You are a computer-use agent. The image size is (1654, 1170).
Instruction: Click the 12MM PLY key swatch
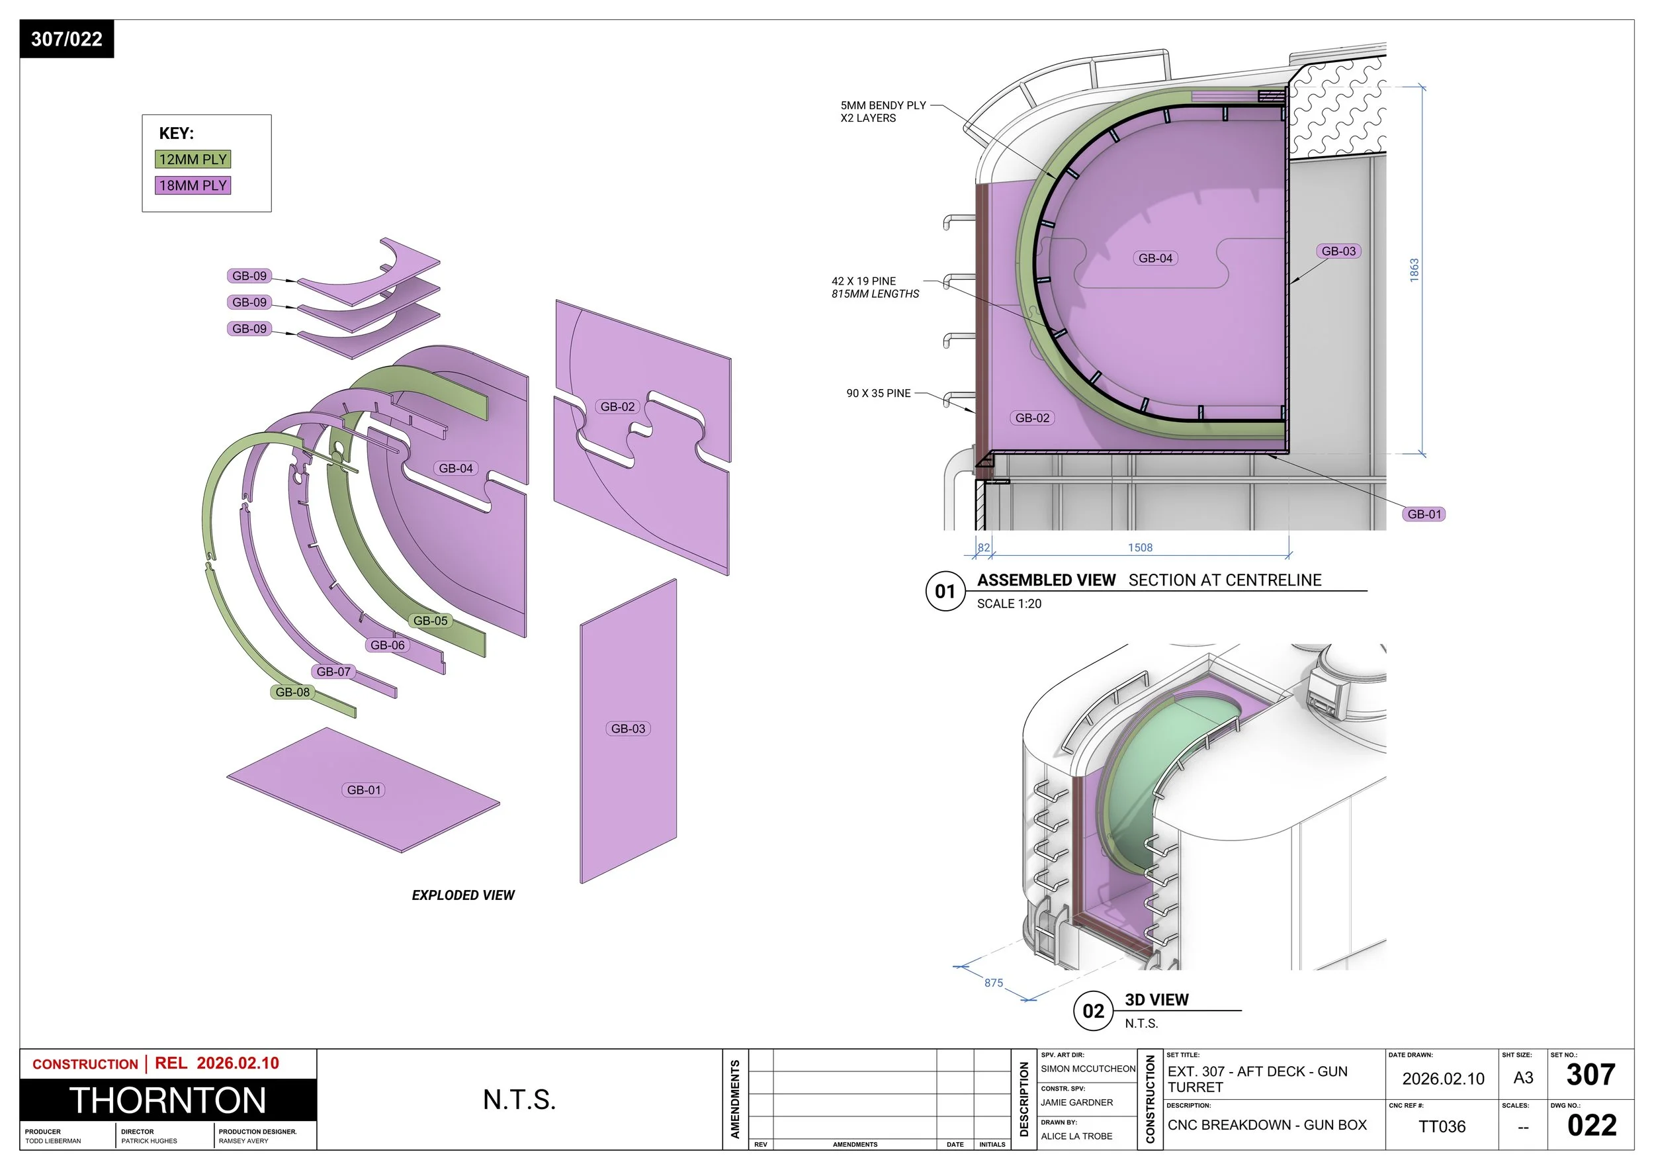pyautogui.click(x=193, y=159)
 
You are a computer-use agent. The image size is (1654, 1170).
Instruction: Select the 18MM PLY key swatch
pyautogui.click(x=193, y=185)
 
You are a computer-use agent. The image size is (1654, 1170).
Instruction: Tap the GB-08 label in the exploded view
pyautogui.click(x=292, y=692)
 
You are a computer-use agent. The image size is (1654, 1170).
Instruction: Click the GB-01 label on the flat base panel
pyautogui.click(x=364, y=789)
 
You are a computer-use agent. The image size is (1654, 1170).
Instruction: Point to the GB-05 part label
pyautogui.click(x=430, y=620)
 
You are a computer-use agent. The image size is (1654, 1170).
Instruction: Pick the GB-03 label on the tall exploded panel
pyautogui.click(x=628, y=729)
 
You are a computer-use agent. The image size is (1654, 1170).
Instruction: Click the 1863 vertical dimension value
pyautogui.click(x=1414, y=270)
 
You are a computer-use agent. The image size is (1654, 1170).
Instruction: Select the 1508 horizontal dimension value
pyautogui.click(x=1141, y=547)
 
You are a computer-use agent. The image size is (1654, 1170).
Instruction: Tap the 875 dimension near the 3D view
pyautogui.click(x=994, y=983)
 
